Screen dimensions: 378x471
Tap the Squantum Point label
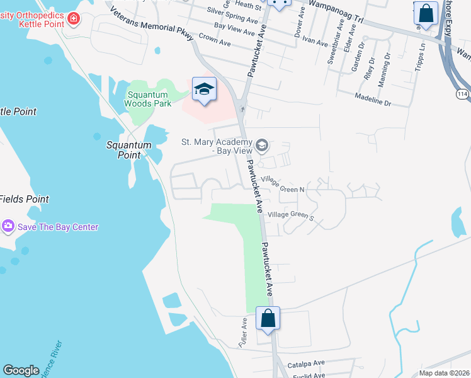[x=129, y=149]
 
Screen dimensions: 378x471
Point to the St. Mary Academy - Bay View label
[x=216, y=146]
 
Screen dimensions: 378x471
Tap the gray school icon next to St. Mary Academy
[x=263, y=147]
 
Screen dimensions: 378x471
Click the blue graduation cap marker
[x=204, y=89]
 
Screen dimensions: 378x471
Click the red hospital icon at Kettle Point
[x=74, y=19]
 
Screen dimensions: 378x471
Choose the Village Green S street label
[x=291, y=215]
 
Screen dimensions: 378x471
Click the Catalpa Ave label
[x=306, y=363]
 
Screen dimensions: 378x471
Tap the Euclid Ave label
[x=309, y=375]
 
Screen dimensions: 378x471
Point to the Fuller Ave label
[x=244, y=331]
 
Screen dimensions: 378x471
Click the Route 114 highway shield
[x=462, y=94]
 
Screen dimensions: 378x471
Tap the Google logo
[x=21, y=370]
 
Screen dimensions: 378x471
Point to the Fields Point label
[x=24, y=199]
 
